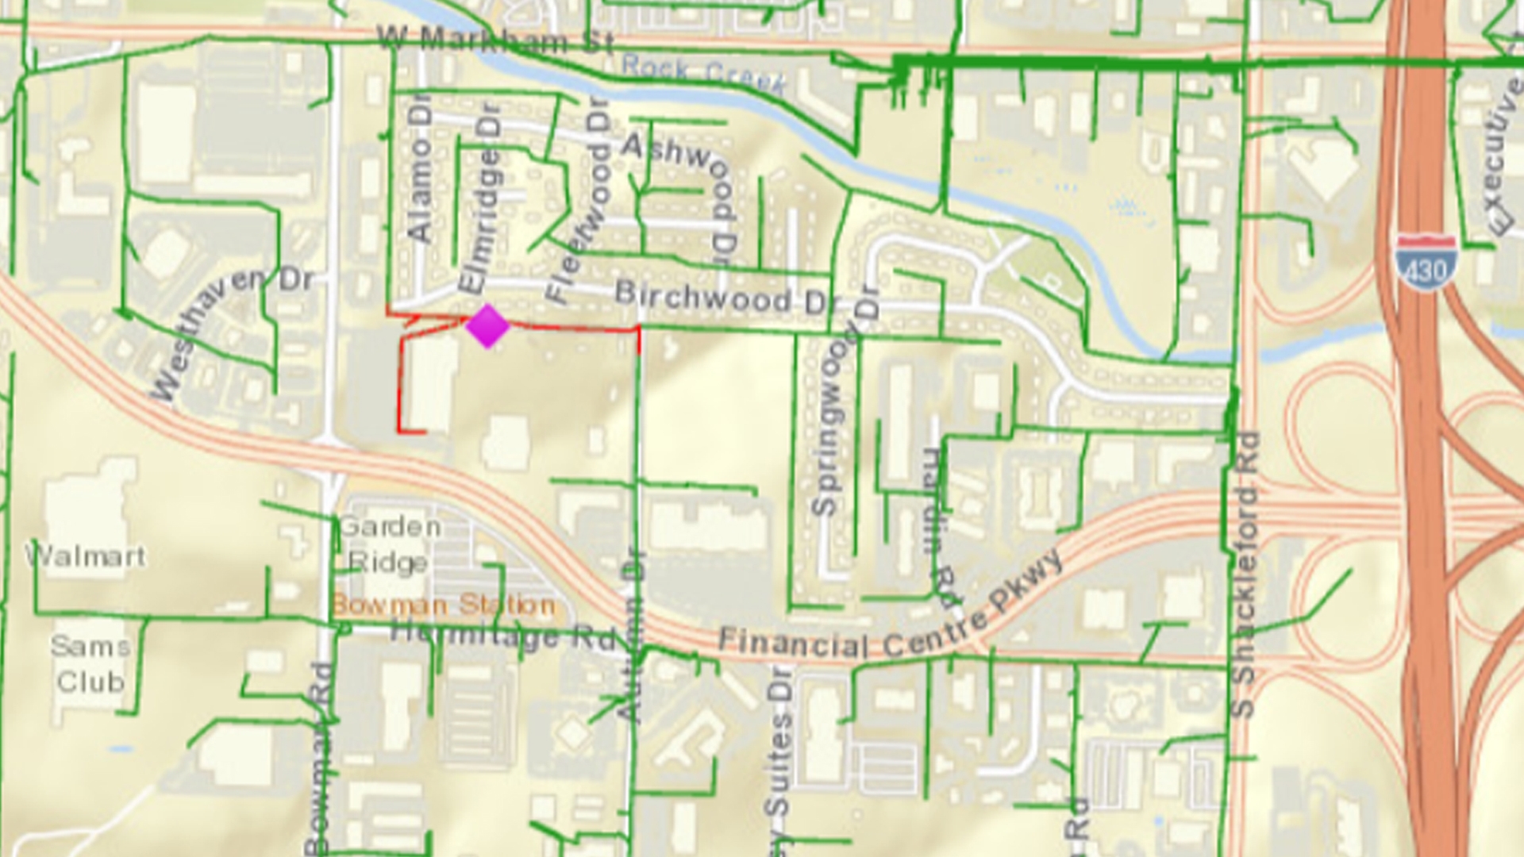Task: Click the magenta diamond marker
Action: (x=487, y=326)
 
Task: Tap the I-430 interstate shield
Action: (x=1426, y=263)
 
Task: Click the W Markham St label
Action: (x=495, y=40)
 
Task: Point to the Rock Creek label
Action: (x=703, y=74)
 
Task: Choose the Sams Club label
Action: (x=90, y=664)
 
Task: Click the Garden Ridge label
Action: (x=389, y=544)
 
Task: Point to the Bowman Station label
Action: (x=443, y=605)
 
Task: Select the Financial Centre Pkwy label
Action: (x=889, y=619)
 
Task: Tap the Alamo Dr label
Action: (x=420, y=171)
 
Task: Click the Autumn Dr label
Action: (x=633, y=635)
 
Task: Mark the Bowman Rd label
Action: (x=319, y=758)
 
